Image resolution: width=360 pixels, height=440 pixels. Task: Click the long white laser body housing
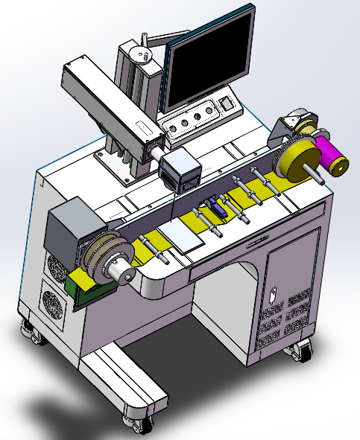(x=112, y=103)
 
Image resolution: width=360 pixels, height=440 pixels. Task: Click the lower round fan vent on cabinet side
(x=55, y=305)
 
